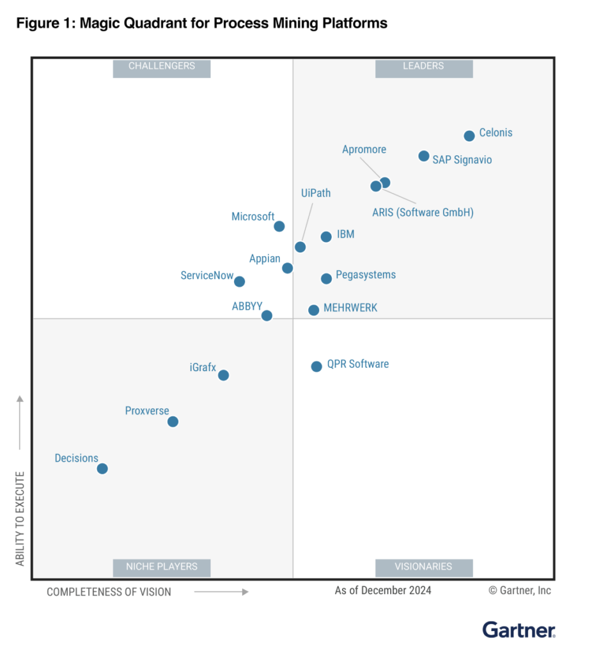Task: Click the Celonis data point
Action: tap(469, 135)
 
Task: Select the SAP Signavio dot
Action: tap(424, 156)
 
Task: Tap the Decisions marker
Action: tap(102, 469)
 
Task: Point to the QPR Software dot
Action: tap(316, 367)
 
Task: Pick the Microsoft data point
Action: tap(279, 226)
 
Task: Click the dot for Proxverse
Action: tap(173, 422)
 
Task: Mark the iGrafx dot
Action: tap(223, 375)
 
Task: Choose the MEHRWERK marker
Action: tap(314, 310)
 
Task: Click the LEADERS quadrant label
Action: tap(423, 66)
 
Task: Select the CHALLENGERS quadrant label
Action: tap(162, 66)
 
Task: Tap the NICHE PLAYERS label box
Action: tap(162, 567)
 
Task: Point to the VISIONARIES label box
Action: tap(423, 567)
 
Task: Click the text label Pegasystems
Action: tap(366, 275)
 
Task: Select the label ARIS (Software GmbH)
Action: tap(423, 213)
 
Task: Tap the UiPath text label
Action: tap(316, 193)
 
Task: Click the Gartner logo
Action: tap(518, 630)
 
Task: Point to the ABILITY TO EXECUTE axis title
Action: tap(20, 519)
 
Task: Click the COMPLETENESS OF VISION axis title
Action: tap(109, 592)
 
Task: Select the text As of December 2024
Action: tap(383, 590)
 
